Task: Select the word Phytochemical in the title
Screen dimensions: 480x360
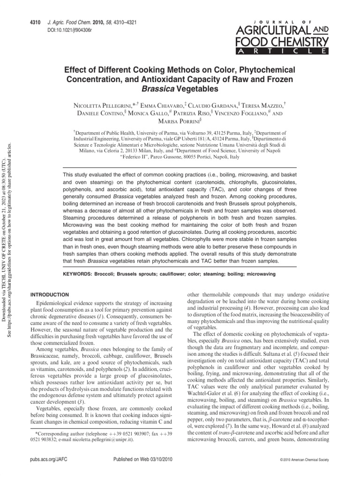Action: pyautogui.click(x=270, y=68)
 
